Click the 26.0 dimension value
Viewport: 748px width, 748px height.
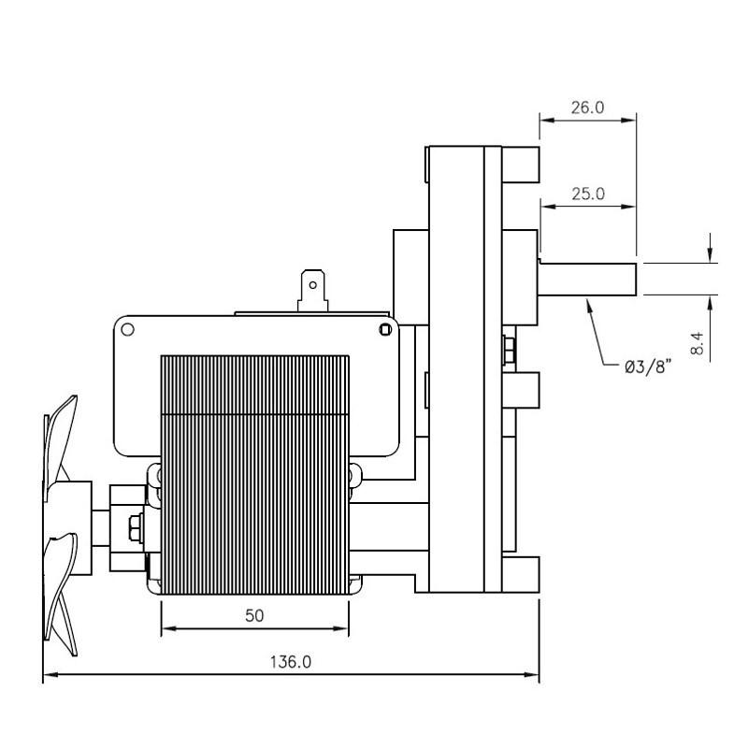[587, 108]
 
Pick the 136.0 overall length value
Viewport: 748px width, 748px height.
[291, 662]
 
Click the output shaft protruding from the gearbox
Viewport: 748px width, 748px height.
[589, 278]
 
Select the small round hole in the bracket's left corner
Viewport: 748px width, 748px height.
[129, 329]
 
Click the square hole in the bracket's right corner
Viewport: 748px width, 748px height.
[385, 328]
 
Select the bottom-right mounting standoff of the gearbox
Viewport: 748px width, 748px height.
[525, 573]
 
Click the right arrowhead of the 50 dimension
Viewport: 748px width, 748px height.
[343, 628]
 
